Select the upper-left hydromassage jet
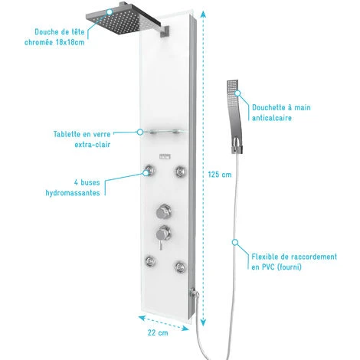[x=149, y=169]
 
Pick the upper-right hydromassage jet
[x=181, y=171]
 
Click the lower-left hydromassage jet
[x=150, y=261]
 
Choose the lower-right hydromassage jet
[x=180, y=267]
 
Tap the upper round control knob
[x=163, y=211]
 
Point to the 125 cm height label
[x=220, y=175]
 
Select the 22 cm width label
[x=158, y=332]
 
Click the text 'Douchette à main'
[x=281, y=107]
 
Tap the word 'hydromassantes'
[x=73, y=193]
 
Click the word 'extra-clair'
[x=93, y=145]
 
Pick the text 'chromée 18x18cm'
[x=54, y=42]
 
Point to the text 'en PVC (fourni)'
[x=277, y=267]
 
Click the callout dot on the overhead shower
[x=110, y=11]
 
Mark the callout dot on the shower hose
[x=235, y=242]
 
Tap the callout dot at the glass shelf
[x=140, y=132]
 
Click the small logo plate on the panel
[x=165, y=156]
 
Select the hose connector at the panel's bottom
[x=195, y=293]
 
